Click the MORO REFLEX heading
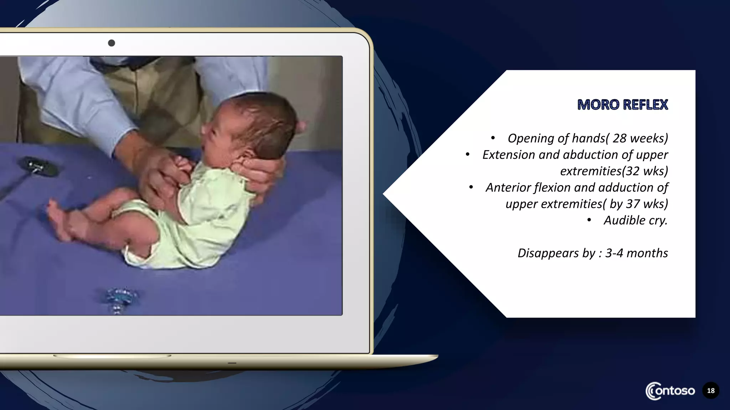pos(622,105)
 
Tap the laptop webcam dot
pos(112,43)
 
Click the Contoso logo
pos(670,391)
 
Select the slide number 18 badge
pos(711,391)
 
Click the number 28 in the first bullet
pos(620,138)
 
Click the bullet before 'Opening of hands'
pos(493,138)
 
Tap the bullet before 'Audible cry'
pos(589,220)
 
